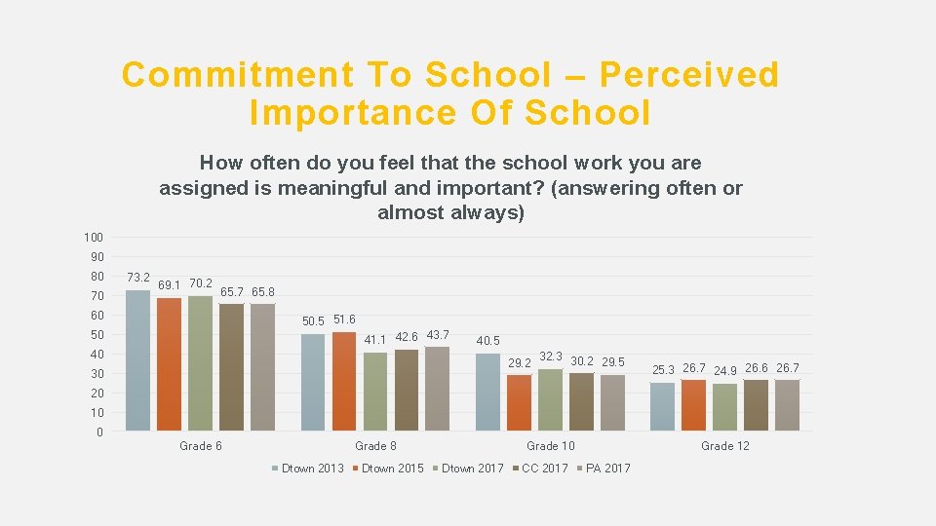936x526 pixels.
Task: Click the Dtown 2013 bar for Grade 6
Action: (x=138, y=360)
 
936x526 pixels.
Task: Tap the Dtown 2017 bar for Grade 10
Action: (x=550, y=399)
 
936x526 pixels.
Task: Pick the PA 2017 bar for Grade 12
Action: (x=788, y=405)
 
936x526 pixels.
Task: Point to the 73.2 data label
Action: (x=138, y=278)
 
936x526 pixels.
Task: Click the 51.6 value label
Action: (x=344, y=319)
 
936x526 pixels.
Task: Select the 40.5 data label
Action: (x=487, y=341)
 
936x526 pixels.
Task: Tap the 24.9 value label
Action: (x=724, y=371)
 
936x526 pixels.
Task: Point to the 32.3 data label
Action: (x=551, y=357)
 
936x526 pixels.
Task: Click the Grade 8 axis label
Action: (x=375, y=446)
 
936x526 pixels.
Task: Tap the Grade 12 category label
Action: (x=724, y=446)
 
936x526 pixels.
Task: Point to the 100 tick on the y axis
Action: (x=93, y=238)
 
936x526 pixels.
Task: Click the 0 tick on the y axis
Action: (x=99, y=432)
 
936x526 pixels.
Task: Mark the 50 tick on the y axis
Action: (x=96, y=335)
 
